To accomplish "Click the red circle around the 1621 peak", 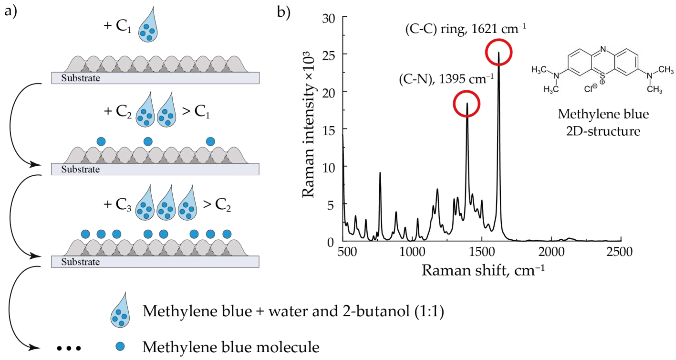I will pyautogui.click(x=498, y=52).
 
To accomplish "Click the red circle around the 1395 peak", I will pyautogui.click(x=467, y=104).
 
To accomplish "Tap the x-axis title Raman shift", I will pyautogui.click(x=483, y=270).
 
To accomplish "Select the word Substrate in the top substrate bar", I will pyautogui.click(x=81, y=78).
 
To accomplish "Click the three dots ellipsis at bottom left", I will pyautogui.click(x=69, y=348).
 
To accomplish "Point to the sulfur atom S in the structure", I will pyautogui.click(x=603, y=76).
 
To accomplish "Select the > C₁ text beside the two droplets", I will pyautogui.click(x=196, y=111).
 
